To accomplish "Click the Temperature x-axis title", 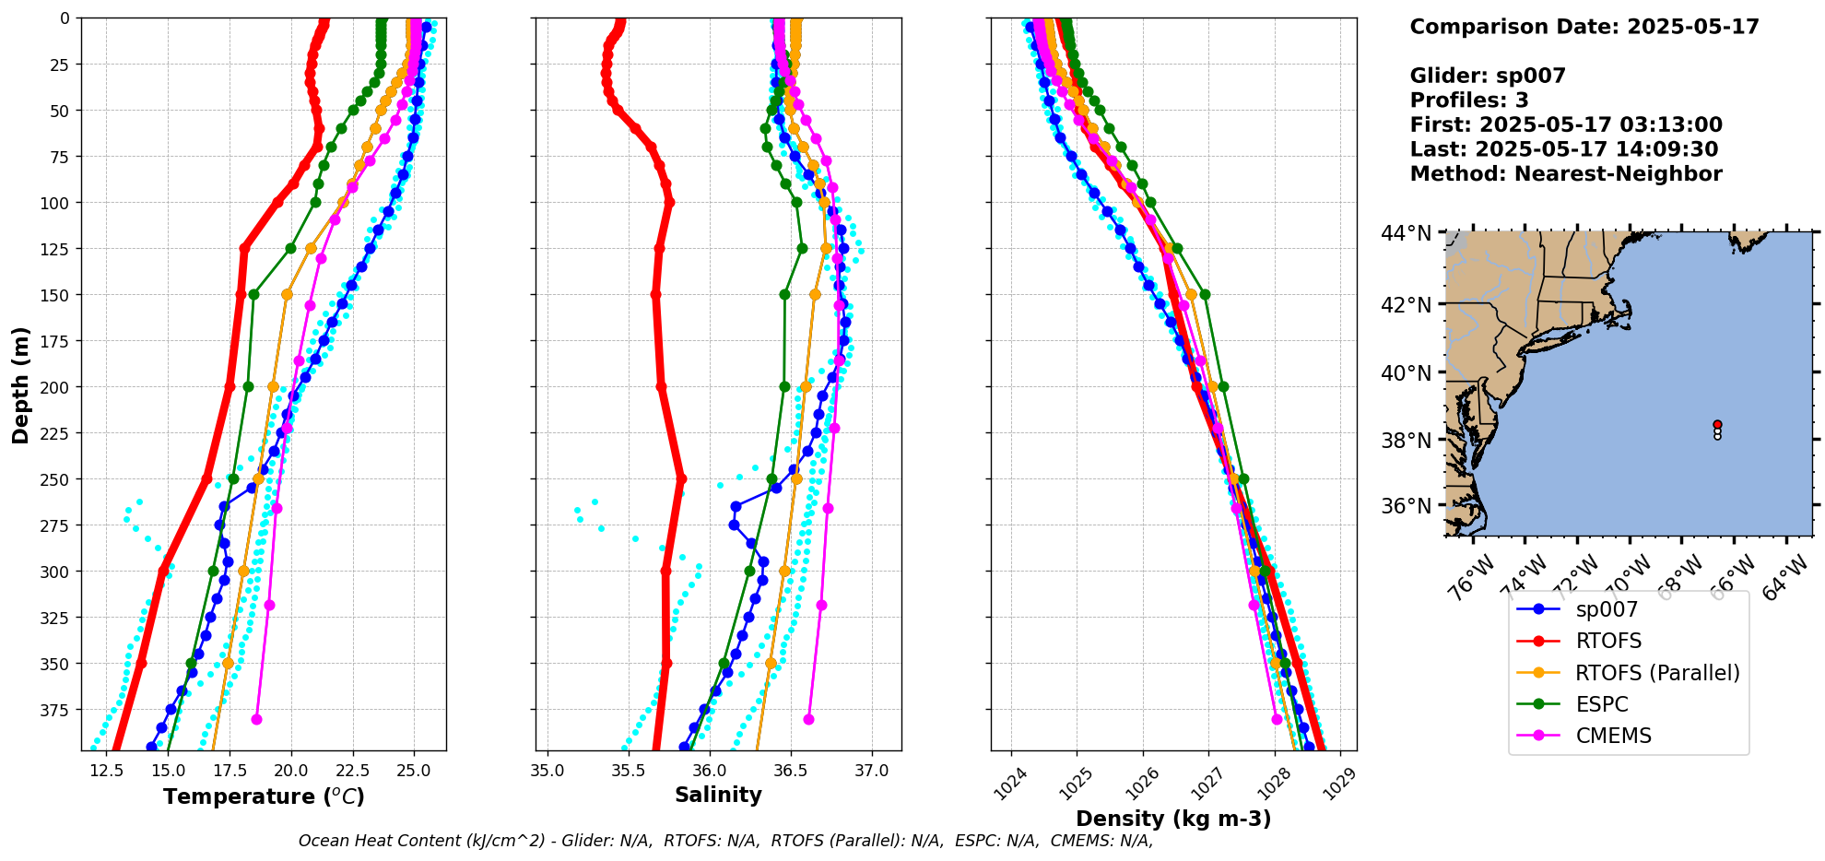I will (264, 796).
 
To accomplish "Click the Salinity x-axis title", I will (718, 796).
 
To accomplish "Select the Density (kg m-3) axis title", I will (1173, 819).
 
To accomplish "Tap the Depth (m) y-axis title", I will (20, 384).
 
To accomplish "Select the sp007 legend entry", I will (1607, 609).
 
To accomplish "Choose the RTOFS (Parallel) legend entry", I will (1657, 673).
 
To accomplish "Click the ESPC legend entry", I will (1602, 704).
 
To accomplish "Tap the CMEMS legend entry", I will (1613, 736).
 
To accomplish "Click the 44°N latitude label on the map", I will (1407, 234).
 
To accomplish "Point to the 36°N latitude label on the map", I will (1407, 506).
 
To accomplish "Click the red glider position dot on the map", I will (1717, 424).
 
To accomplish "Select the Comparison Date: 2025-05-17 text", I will (1584, 27).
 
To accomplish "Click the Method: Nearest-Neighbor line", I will (1566, 174).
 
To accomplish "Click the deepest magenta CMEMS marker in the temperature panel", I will (256, 719).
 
